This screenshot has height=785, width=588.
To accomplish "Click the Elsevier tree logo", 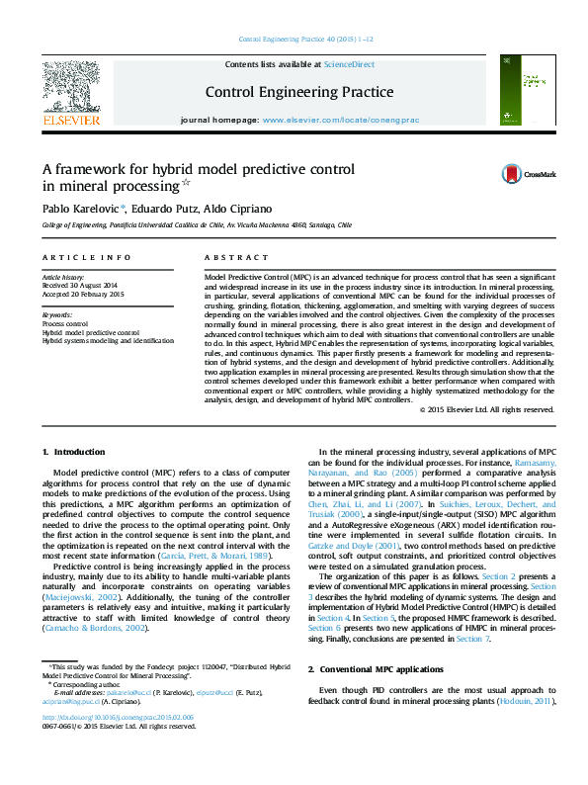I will tap(70, 86).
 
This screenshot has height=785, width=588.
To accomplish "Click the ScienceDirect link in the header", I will tap(350, 64).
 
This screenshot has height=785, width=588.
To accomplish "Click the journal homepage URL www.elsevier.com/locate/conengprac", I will tap(341, 120).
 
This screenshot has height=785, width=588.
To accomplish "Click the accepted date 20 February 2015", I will tap(83, 294).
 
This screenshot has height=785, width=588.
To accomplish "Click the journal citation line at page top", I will tap(306, 40).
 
